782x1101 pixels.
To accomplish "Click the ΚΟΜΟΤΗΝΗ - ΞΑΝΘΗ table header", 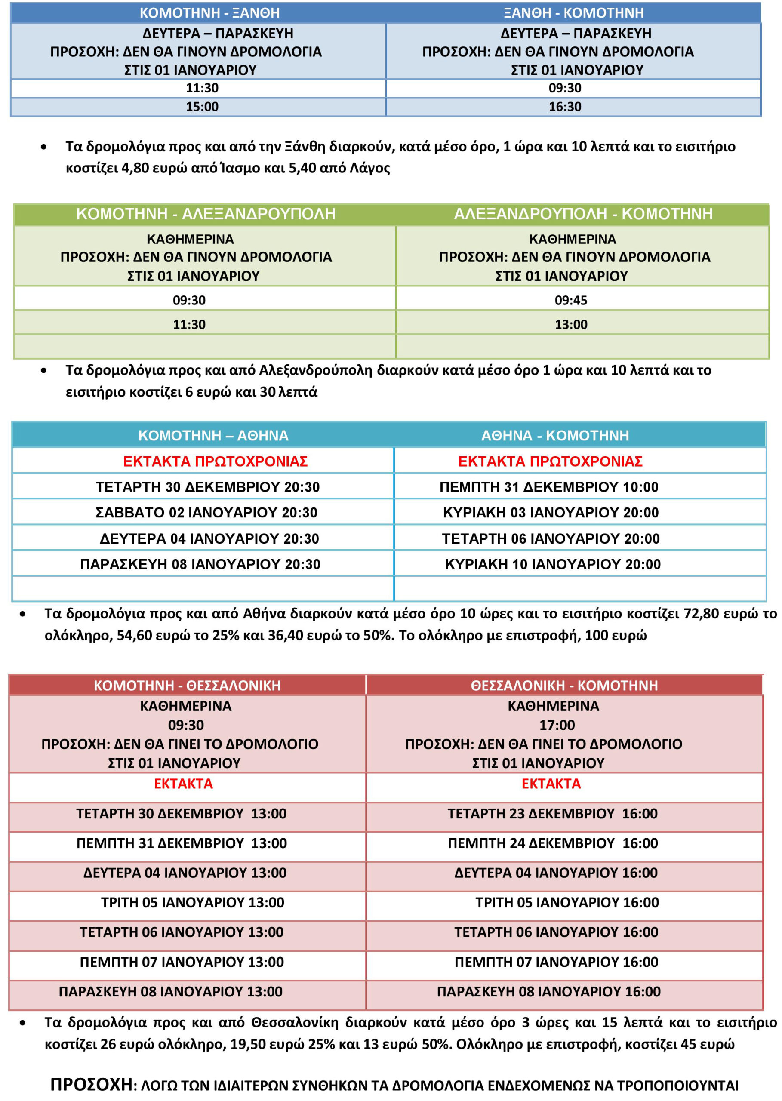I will coord(209,12).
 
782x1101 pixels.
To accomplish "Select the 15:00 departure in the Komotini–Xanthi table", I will coord(202,106).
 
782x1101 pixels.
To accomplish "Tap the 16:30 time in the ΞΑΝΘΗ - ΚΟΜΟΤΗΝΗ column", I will coord(565,106).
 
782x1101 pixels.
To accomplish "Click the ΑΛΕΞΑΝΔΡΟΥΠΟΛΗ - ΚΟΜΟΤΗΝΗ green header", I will coord(583,214).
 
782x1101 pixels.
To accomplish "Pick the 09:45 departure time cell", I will coord(571,300).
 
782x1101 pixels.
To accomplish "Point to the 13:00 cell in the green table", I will coord(571,324).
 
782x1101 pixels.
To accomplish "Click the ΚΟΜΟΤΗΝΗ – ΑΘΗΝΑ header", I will coord(213,435).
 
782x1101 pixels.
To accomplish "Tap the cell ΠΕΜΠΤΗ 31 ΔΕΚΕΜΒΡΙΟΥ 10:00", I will coord(549,487).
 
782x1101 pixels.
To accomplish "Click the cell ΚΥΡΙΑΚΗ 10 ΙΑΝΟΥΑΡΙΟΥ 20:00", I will coord(552,564).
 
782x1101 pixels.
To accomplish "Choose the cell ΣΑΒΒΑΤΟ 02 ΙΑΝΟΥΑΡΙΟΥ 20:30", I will coord(206,512).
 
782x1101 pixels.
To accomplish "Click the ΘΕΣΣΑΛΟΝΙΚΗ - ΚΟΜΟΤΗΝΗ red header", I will coord(564,685).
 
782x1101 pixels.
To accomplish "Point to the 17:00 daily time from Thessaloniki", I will coord(557,725).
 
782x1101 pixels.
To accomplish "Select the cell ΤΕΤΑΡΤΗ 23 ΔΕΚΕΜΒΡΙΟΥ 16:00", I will coord(552,813).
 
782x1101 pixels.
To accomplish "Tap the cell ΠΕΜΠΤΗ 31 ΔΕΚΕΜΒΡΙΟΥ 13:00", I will coord(182,843).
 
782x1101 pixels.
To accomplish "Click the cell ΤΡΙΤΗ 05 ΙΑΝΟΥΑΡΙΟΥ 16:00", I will coord(567,902).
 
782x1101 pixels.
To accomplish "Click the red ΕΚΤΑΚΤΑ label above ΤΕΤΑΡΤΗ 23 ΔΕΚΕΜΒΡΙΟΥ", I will coord(551,783).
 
